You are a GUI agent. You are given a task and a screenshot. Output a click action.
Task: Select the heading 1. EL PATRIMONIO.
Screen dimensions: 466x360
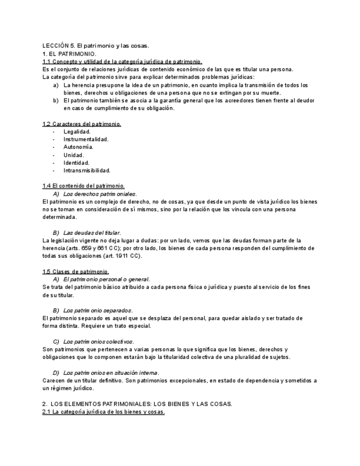(69, 54)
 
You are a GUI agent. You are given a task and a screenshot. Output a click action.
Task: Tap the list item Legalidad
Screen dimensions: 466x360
(77, 132)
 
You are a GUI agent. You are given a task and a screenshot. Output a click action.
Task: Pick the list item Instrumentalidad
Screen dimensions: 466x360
(86, 140)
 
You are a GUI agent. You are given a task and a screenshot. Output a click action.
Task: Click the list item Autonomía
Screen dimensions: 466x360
(78, 147)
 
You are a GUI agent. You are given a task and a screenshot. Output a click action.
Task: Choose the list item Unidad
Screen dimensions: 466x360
(74, 155)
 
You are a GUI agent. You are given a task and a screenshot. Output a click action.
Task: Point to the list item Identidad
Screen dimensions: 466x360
(76, 163)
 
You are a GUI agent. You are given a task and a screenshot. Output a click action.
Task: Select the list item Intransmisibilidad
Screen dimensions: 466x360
(87, 170)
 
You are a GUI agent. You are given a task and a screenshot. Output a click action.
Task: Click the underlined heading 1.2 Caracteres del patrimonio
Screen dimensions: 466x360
(82, 124)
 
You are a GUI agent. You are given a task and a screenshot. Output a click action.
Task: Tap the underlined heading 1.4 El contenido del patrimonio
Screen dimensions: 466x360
(84, 186)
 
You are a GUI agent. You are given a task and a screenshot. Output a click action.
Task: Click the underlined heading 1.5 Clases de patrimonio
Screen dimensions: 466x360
(76, 271)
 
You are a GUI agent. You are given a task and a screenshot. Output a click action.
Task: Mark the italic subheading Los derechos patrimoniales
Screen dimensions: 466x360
(100, 194)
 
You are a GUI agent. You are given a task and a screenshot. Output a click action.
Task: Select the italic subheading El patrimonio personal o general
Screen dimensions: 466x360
(107, 280)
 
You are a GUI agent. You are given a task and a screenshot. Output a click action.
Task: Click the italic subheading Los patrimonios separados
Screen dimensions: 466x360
(98, 310)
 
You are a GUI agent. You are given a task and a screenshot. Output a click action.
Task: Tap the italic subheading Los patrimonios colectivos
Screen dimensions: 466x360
(98, 342)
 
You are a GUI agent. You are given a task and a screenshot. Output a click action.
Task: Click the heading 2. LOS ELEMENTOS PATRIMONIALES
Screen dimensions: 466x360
(137, 404)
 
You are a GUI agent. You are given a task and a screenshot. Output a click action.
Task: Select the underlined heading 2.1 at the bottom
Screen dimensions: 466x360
(103, 412)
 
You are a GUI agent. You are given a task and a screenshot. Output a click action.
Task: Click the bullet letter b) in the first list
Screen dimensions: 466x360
(56, 101)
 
